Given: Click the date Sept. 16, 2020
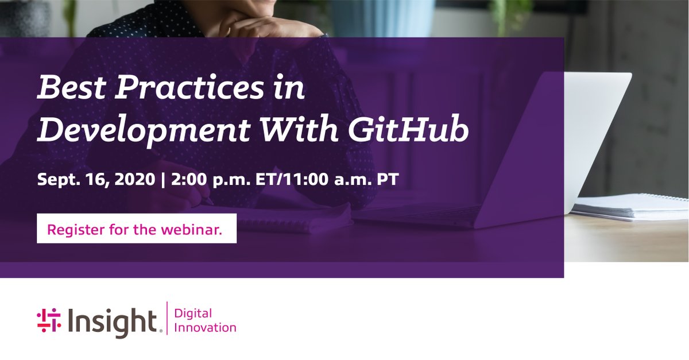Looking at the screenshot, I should point(96,179).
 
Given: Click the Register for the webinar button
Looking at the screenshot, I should point(137,229).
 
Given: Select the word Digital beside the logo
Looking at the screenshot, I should point(193,313).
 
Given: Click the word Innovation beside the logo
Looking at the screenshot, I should point(204,328).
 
